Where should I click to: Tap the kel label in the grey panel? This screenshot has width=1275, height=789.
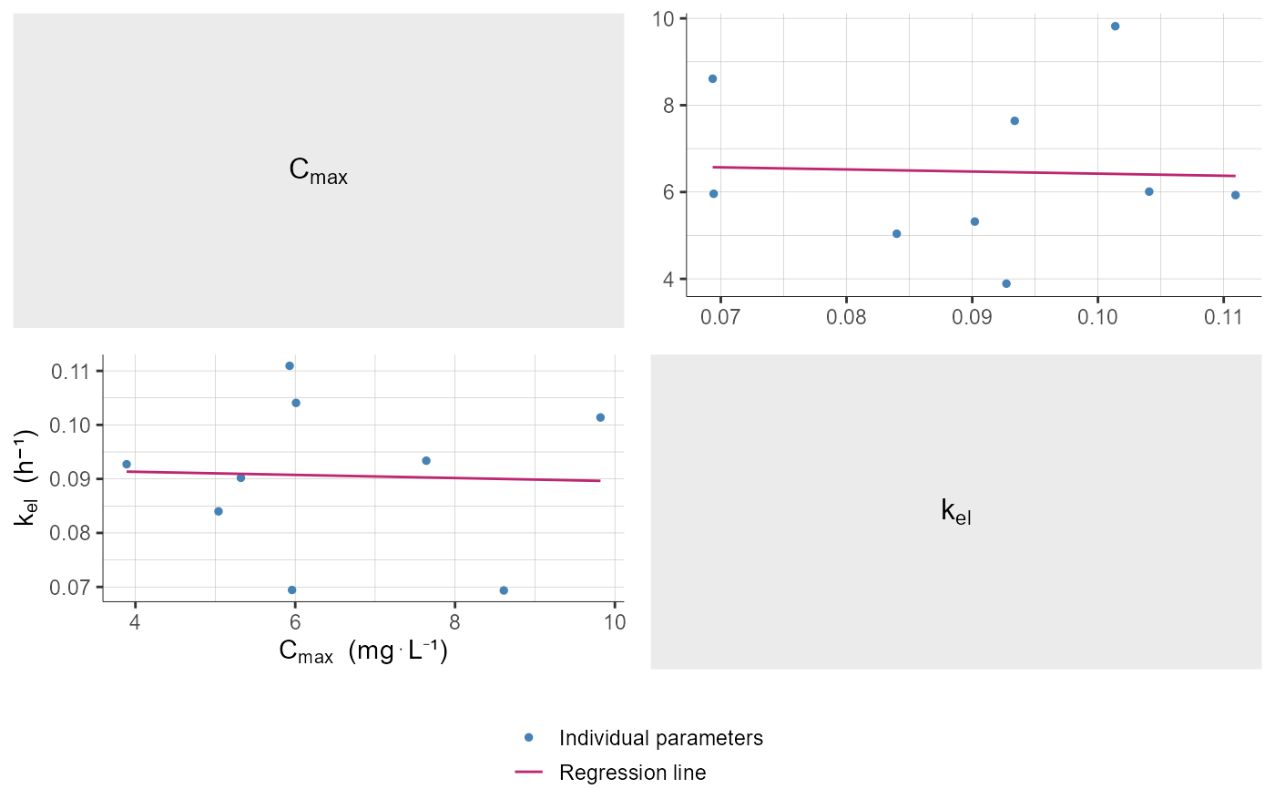(x=955, y=512)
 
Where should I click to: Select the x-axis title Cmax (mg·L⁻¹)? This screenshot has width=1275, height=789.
(x=362, y=652)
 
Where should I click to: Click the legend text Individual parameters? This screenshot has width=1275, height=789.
(x=660, y=738)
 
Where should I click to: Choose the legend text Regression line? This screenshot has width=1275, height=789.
(x=632, y=774)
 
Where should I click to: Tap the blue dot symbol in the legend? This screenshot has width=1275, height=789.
(x=528, y=738)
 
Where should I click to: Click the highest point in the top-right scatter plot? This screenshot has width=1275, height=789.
(x=1115, y=26)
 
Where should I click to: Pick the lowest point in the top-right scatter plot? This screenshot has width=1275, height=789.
(x=1006, y=283)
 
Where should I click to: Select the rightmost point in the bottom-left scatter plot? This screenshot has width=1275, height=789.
(x=600, y=417)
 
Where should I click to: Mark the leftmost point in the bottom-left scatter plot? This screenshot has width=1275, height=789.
(x=127, y=464)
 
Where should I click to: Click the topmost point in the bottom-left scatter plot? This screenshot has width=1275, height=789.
(x=290, y=366)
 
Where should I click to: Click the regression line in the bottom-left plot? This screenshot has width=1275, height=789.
(x=364, y=476)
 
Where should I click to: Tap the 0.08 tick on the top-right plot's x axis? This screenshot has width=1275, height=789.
(x=846, y=321)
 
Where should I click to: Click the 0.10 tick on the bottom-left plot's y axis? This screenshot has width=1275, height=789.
(x=76, y=425)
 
